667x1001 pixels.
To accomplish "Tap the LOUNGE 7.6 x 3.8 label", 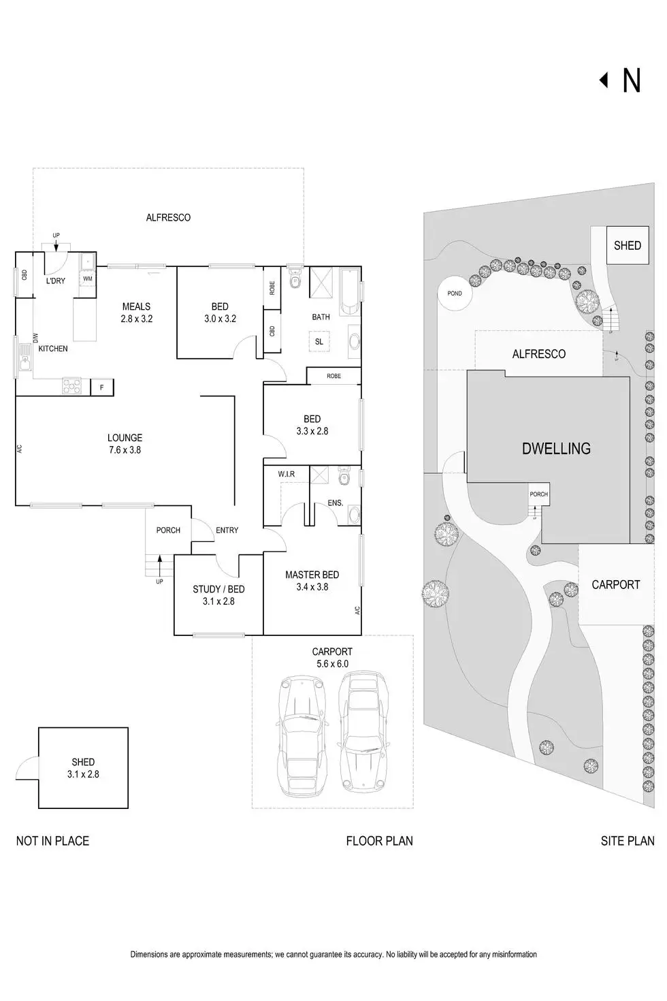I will click(125, 444).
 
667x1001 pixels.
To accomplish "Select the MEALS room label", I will click(136, 307).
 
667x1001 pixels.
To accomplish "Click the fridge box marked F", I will click(102, 387).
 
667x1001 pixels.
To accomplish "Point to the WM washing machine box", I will click(88, 279).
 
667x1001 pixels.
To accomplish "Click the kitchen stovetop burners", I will click(71, 386).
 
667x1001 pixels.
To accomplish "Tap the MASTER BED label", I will click(312, 575).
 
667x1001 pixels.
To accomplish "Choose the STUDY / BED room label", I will click(218, 590).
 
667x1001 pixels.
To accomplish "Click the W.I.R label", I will click(287, 474).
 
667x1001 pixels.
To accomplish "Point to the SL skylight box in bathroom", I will click(319, 342).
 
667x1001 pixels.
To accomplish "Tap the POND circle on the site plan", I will click(455, 293).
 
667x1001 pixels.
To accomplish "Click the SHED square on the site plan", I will click(627, 245).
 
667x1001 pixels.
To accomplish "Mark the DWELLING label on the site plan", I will click(556, 449).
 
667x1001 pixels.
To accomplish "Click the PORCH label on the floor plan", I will click(168, 530).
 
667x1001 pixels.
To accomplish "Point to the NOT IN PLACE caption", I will click(52, 841).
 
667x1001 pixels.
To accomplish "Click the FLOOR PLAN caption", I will click(379, 841).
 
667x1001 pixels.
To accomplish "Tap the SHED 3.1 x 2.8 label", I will click(83, 768).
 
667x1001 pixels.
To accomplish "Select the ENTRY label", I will click(227, 530).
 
